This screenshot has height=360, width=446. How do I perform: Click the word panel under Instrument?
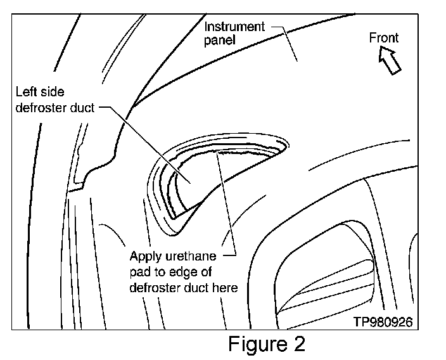tap(217, 40)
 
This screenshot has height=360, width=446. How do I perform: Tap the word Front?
tap(384, 38)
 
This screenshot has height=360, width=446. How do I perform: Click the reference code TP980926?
tap(383, 322)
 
